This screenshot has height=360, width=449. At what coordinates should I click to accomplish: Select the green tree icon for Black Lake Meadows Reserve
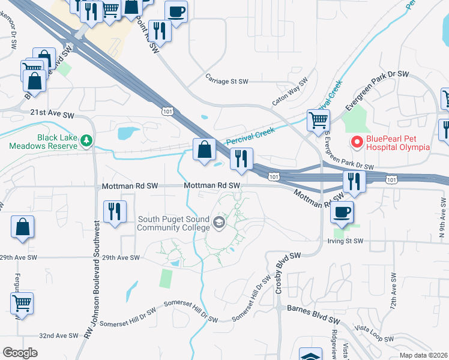coord(87,141)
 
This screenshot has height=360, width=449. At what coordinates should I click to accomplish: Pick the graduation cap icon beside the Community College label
coord(219,224)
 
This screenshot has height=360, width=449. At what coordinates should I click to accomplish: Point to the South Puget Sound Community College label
coord(173,223)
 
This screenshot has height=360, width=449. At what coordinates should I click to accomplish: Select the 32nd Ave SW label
coord(58,336)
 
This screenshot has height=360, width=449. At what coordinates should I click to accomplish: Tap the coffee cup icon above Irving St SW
coord(342,211)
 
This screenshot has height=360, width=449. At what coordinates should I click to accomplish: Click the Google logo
coord(20,353)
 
